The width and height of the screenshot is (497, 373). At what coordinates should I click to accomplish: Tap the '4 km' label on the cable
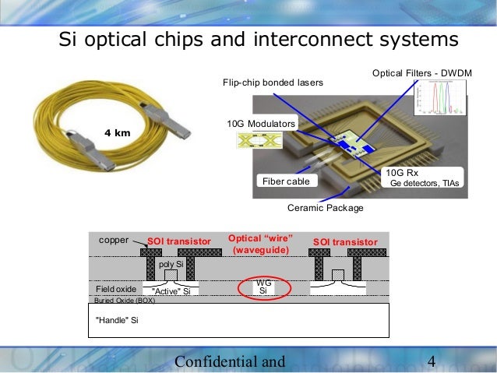point(117,133)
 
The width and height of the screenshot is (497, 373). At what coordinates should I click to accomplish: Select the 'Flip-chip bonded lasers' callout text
point(273,82)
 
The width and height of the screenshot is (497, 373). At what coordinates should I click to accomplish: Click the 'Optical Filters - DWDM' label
point(421,73)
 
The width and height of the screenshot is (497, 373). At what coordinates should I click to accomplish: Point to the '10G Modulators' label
point(261,124)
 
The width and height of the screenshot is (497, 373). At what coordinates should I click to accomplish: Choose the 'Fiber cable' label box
point(285,181)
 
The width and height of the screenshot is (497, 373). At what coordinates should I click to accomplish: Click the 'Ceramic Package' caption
point(326,208)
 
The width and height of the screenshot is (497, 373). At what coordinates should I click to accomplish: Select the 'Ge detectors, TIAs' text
point(425,184)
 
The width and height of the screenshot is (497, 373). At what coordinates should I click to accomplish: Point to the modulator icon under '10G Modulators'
point(261,141)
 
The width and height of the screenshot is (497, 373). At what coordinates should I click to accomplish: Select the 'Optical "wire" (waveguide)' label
point(260,244)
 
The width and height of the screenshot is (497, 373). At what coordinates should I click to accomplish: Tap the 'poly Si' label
point(170,265)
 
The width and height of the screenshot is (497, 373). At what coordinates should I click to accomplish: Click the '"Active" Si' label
point(171,290)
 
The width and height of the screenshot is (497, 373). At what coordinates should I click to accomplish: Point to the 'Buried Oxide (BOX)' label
point(125,300)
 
